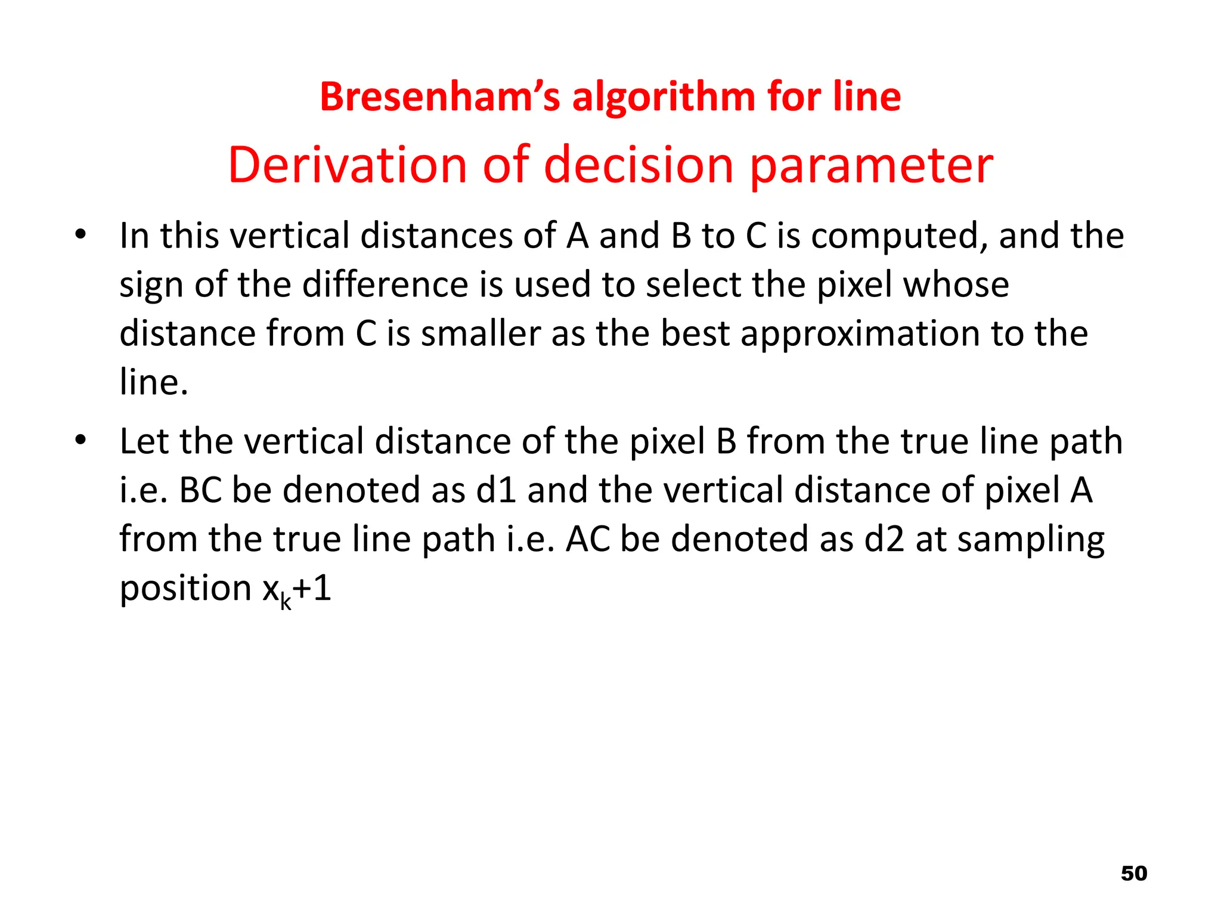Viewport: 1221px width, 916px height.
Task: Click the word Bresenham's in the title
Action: pos(439,97)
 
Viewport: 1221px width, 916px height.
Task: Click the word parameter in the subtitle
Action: pos(871,166)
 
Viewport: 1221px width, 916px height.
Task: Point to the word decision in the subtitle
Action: pos(639,165)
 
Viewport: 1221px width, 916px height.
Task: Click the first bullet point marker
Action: pos(80,234)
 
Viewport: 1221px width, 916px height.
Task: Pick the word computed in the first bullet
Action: pos(898,236)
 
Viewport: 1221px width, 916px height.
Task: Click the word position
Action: pos(185,589)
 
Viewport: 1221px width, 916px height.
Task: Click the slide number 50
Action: pos(1133,874)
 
